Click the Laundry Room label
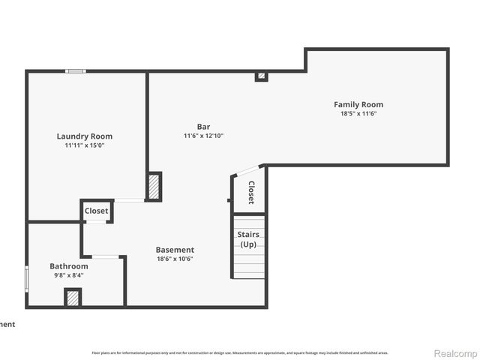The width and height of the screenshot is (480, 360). (85, 136)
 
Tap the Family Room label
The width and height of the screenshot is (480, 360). (358, 104)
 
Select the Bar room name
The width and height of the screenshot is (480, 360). (203, 126)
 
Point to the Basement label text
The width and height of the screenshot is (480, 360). (175, 250)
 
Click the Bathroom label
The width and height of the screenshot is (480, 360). (69, 266)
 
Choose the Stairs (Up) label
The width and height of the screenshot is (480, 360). (248, 239)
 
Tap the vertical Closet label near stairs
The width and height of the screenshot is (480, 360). (251, 193)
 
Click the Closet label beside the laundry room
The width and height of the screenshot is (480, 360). (96, 211)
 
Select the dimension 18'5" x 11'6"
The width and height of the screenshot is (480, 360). (358, 114)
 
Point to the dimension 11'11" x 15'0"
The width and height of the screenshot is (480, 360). (85, 146)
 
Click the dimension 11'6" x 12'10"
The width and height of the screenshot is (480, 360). (203, 136)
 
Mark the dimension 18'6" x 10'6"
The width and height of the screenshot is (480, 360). (175, 259)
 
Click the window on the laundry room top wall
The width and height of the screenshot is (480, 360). (75, 71)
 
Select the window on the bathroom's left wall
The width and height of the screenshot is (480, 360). (27, 277)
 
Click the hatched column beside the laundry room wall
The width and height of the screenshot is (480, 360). (154, 186)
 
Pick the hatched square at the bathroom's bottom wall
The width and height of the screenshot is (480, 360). (73, 298)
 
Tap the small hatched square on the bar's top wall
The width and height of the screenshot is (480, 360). (261, 76)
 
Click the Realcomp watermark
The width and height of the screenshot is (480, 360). (456, 353)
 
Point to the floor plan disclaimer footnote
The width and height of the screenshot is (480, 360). (240, 352)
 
